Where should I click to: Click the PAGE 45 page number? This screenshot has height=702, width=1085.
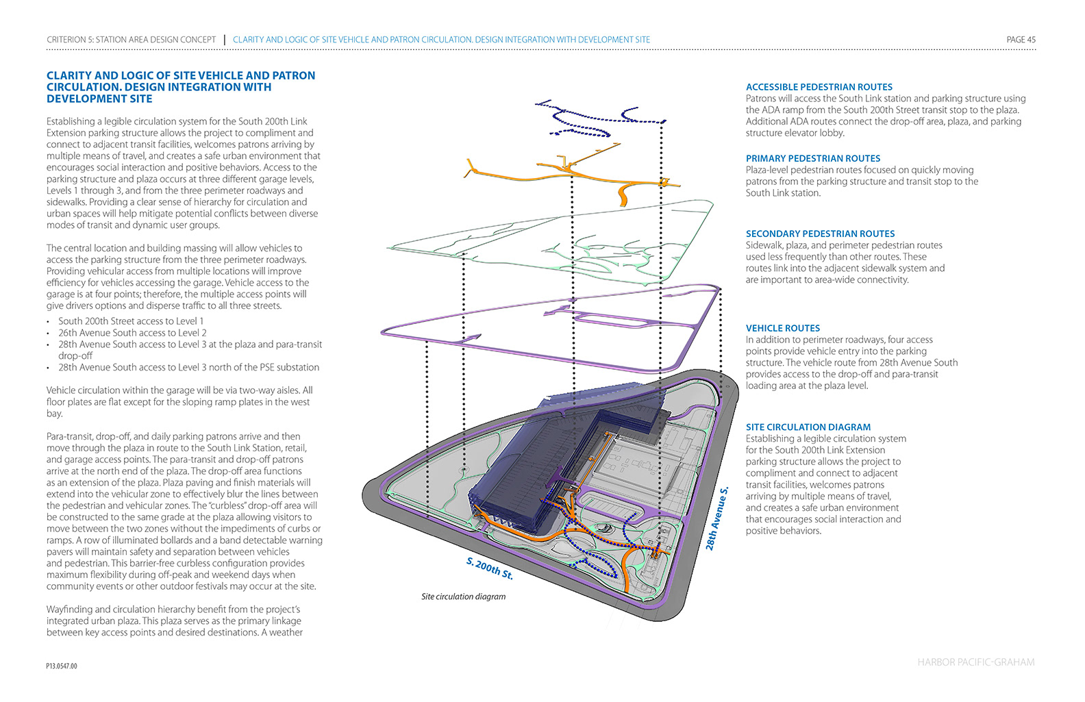click(1021, 40)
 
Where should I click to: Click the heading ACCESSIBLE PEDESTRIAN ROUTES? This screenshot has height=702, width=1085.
click(819, 87)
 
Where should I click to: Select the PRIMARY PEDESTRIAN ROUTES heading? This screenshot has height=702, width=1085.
click(813, 158)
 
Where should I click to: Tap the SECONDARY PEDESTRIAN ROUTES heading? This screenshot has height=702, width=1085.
click(820, 234)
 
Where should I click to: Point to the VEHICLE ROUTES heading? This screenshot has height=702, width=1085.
click(782, 328)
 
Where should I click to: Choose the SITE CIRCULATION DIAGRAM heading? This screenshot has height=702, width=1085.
click(808, 427)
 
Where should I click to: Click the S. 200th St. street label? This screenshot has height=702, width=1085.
click(489, 568)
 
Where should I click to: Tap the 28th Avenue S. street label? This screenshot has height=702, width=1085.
click(717, 518)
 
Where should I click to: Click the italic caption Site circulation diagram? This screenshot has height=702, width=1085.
click(463, 597)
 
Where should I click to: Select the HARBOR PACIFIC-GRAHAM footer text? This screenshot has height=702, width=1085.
click(975, 662)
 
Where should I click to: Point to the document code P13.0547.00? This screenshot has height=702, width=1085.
click(62, 666)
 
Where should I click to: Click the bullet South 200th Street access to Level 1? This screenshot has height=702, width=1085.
click(130, 321)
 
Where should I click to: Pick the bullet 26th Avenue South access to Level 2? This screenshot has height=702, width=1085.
click(132, 333)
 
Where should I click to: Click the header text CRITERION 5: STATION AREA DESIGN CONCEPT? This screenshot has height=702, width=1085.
click(131, 40)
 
